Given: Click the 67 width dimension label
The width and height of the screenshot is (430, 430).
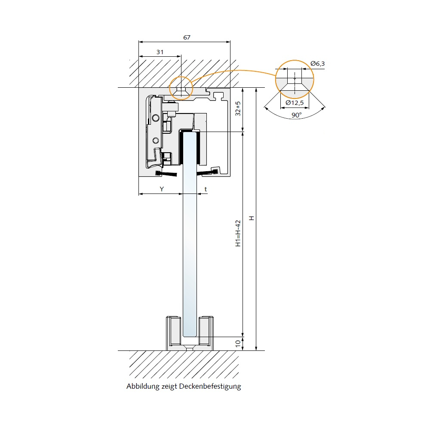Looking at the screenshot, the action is click(x=187, y=37).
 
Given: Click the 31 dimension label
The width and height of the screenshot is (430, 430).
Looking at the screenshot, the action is click(x=160, y=52).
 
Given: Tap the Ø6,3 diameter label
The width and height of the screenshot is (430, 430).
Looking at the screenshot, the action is click(x=318, y=64).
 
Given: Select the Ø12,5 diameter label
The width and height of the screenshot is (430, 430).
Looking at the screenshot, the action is click(x=295, y=103).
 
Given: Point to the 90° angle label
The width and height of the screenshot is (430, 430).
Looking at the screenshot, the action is click(x=296, y=115).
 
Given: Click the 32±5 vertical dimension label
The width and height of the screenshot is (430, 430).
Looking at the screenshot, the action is click(x=238, y=109).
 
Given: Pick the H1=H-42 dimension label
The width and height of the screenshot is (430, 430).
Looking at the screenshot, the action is click(x=238, y=233).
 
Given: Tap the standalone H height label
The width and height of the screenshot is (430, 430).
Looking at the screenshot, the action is click(x=251, y=218).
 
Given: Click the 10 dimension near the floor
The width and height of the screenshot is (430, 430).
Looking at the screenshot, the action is click(x=238, y=343).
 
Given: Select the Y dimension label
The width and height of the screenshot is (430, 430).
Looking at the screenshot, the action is click(x=162, y=189).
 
